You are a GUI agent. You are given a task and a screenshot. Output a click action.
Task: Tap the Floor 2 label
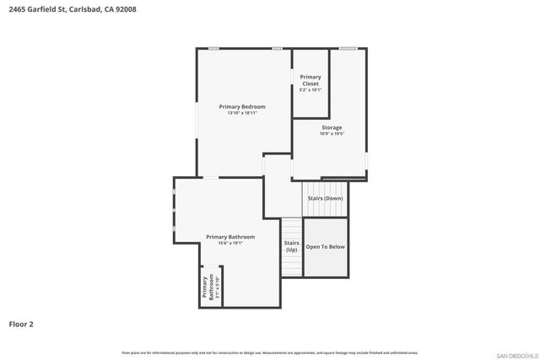click(x=21, y=324)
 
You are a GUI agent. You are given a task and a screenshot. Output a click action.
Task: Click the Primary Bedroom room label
click(x=242, y=106)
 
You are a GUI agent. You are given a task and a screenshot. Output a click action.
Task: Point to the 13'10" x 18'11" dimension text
click(x=242, y=113)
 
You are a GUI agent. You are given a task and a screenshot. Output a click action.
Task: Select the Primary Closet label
click(x=310, y=80)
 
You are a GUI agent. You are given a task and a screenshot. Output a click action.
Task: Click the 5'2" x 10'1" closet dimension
click(x=310, y=90)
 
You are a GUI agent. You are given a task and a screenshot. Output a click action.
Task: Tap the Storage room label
click(x=332, y=127)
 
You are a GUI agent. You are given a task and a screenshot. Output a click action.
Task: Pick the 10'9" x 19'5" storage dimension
click(x=332, y=134)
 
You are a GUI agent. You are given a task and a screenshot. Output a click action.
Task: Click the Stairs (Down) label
click(x=325, y=198)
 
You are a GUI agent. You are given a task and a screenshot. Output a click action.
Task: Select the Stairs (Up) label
click(x=291, y=246)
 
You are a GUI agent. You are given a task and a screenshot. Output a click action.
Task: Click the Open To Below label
click(x=325, y=247)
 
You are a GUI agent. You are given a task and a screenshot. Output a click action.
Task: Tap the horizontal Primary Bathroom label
click(x=230, y=237)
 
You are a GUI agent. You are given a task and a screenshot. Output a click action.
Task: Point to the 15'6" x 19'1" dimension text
click(x=230, y=244)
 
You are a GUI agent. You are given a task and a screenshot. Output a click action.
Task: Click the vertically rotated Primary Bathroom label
click(x=206, y=288)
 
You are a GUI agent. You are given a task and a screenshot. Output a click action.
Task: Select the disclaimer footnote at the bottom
click(x=269, y=352)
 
